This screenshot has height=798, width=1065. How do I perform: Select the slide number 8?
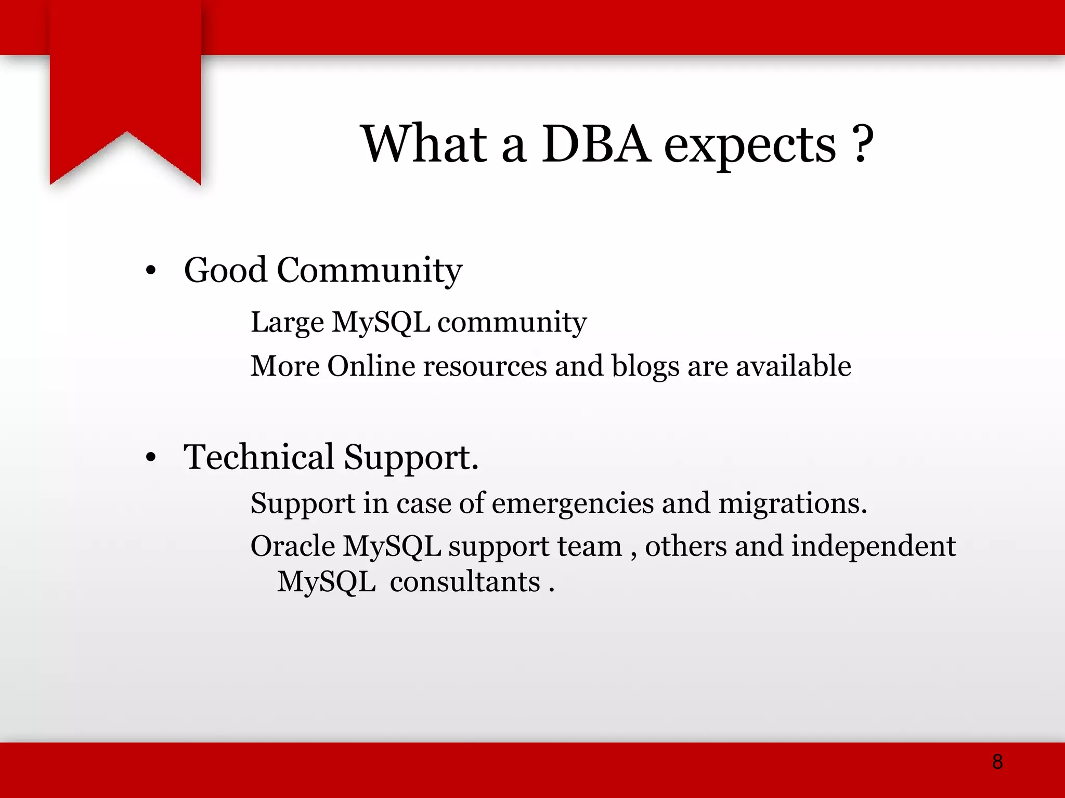997,762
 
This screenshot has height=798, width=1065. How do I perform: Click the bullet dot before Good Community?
151,271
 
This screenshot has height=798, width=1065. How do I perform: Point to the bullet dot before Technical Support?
151,458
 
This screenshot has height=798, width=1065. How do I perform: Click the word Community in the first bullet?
369,271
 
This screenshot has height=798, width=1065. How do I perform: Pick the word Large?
287,323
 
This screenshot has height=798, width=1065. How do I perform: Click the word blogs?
645,367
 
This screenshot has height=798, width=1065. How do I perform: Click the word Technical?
258,457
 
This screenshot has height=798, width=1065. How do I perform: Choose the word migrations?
792,504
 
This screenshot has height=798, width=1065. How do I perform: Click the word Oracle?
293,547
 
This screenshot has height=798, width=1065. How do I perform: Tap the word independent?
873,547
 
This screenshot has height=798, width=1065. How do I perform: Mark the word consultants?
465,582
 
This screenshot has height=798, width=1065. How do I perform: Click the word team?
589,547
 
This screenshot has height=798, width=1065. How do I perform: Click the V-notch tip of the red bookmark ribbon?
126,132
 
